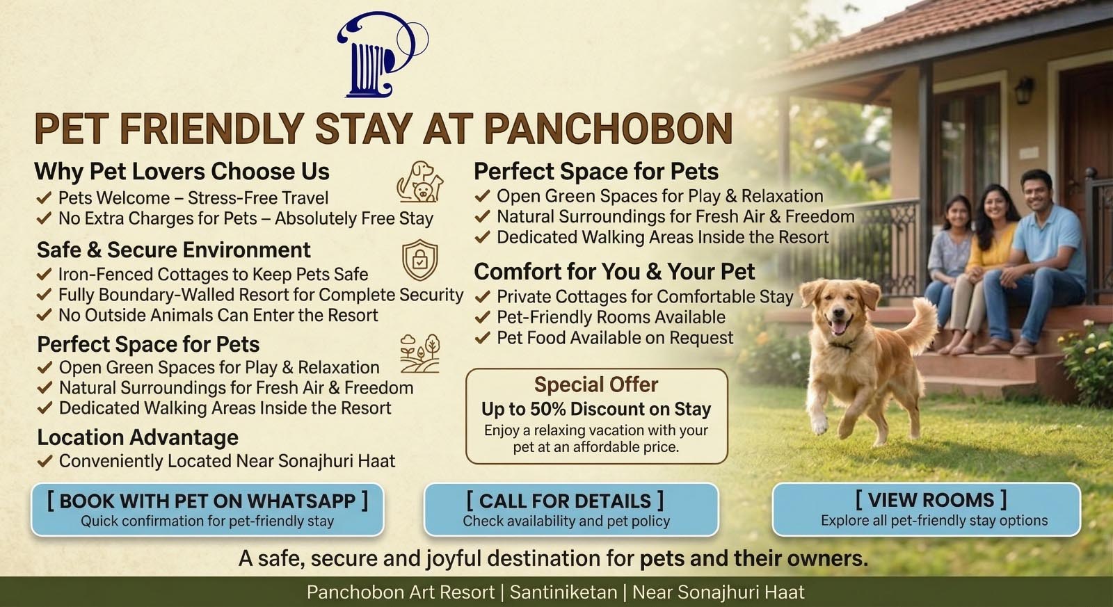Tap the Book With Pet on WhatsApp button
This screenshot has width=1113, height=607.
pyautogui.click(x=207, y=510)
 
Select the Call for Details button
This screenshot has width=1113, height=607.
pyautogui.click(x=571, y=510)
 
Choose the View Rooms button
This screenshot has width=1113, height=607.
pyautogui.click(x=926, y=509)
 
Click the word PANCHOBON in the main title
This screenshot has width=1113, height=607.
pyautogui.click(x=608, y=129)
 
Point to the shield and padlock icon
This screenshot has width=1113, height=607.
pyautogui.click(x=420, y=260)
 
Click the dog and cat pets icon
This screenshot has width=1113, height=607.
pyautogui.click(x=420, y=181)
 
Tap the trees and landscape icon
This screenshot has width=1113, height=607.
pyautogui.click(x=420, y=353)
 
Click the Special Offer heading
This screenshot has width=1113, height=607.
pyautogui.click(x=596, y=385)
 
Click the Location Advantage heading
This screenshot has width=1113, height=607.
pyautogui.click(x=138, y=437)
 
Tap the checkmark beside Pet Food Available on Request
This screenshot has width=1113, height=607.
pyautogui.click(x=483, y=338)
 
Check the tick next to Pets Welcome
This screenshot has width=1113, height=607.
pyautogui.click(x=44, y=198)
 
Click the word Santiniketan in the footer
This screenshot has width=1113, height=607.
pyautogui.click(x=563, y=592)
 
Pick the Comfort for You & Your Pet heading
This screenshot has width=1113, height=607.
pyautogui.click(x=614, y=272)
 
